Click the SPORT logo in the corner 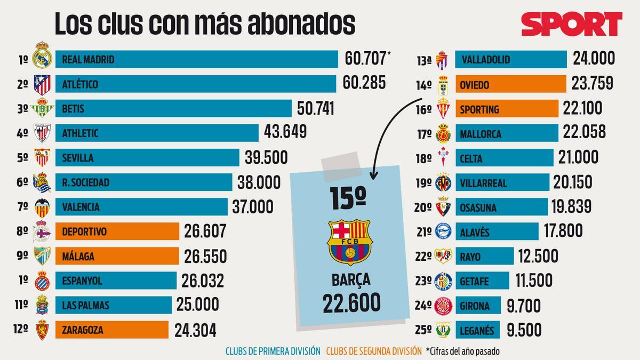[x=571, y=23]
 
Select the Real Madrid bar [x=196, y=59]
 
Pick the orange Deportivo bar [x=117, y=231]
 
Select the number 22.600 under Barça [x=351, y=303]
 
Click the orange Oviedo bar [x=510, y=84]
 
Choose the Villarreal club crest [x=444, y=182]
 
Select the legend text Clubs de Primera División [x=273, y=351]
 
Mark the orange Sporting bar [x=506, y=109]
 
